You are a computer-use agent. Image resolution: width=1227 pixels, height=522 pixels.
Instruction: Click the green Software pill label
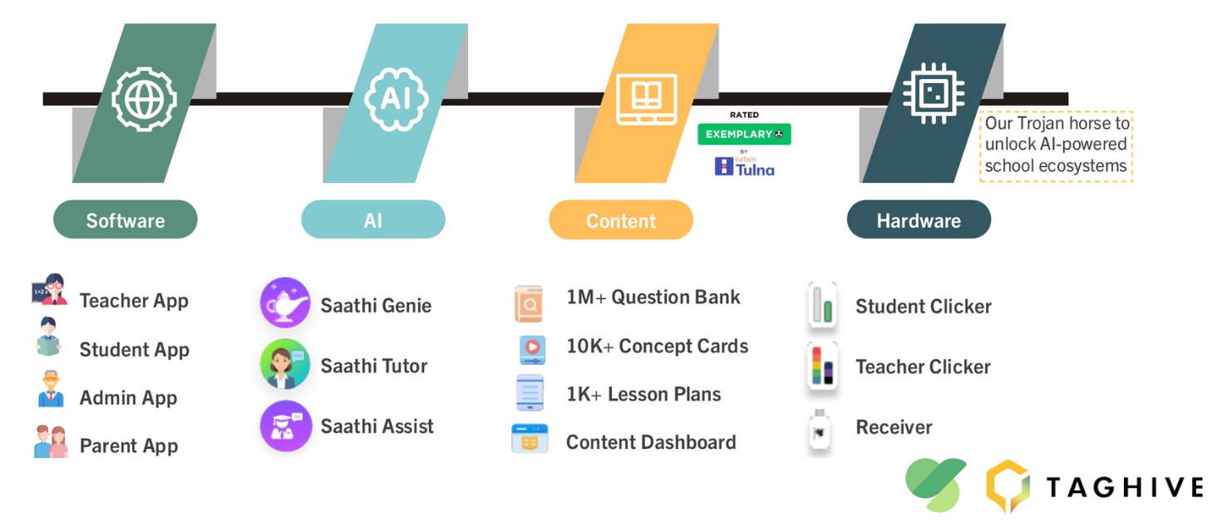point(126,220)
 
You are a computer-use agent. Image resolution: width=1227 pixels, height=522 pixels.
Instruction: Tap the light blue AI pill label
point(372,220)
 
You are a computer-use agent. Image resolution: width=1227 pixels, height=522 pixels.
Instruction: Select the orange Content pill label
point(621,220)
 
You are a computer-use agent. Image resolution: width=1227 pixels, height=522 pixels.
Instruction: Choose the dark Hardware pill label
point(919,220)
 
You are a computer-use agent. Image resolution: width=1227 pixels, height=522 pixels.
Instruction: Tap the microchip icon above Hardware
point(934,94)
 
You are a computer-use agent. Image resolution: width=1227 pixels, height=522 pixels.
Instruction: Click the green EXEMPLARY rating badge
point(744,134)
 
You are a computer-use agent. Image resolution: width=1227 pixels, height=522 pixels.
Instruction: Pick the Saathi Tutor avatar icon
point(285,364)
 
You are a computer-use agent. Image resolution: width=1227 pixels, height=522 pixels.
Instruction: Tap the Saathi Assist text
point(377,426)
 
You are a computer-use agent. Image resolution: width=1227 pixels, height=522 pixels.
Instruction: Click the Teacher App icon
point(50,289)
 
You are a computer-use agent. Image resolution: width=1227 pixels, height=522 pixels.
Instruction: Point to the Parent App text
point(129,446)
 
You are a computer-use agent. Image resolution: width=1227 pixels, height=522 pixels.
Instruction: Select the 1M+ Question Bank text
point(653,298)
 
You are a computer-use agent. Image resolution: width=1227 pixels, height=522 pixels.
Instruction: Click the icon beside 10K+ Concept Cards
point(531,348)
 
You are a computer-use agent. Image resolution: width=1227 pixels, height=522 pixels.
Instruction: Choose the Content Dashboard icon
point(530,439)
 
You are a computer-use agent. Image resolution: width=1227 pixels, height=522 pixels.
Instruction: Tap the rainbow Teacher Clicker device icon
point(822,367)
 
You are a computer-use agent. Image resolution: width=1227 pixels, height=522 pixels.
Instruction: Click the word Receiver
point(894,427)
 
